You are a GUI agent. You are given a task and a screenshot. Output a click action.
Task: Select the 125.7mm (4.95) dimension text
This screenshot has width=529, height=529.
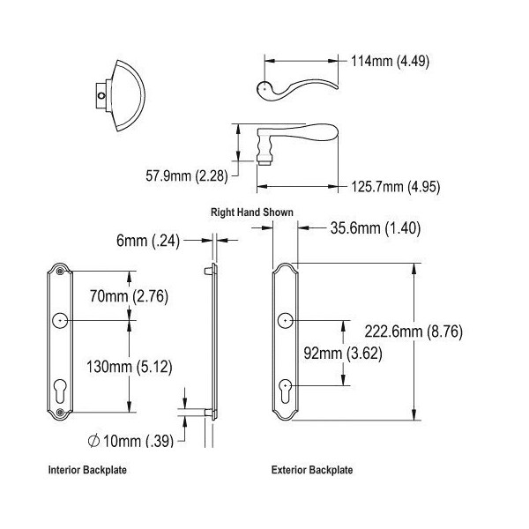(395, 187)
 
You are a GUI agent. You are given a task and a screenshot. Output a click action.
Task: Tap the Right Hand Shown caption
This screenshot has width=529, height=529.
(252, 212)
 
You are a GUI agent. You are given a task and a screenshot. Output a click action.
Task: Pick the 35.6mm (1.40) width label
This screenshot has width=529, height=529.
(375, 227)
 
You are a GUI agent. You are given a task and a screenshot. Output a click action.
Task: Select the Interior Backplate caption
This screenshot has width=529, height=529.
(87, 470)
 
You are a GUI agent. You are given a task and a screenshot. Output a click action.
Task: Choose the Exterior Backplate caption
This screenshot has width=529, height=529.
(312, 470)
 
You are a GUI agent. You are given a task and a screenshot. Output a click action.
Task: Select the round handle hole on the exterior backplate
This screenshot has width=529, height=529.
(286, 322)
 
